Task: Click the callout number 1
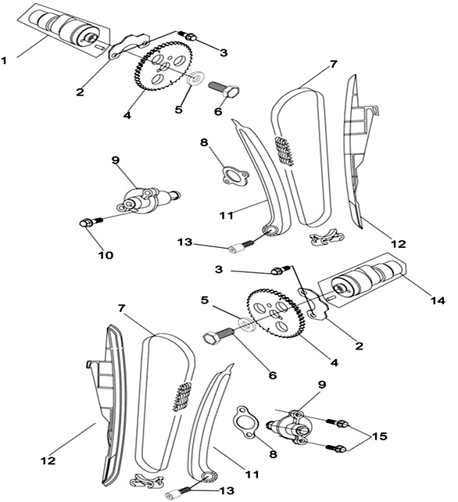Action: click(4, 60)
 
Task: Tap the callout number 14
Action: click(438, 300)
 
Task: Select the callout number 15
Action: click(379, 436)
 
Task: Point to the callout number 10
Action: click(106, 255)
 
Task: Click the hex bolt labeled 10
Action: click(91, 221)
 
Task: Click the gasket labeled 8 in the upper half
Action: click(235, 176)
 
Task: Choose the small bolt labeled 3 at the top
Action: click(188, 35)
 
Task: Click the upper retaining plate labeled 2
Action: click(129, 45)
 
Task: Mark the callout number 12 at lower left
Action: click(48, 461)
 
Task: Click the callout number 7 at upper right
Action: click(334, 64)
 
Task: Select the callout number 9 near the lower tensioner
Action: click(322, 385)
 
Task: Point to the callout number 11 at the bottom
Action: click(252, 474)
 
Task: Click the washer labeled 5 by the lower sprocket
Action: click(247, 324)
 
